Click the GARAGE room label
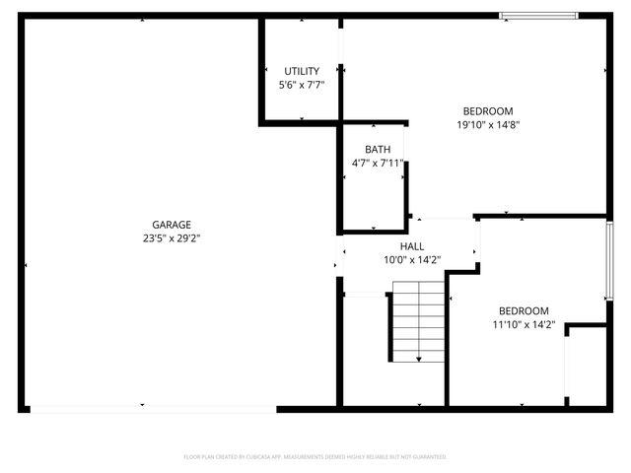[x=172, y=225]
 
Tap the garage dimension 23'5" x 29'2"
[x=172, y=237]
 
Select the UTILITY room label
[x=302, y=71]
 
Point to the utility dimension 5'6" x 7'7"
[x=302, y=85]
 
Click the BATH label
[x=378, y=150]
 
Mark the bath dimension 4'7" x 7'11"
[x=378, y=163]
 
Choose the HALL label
[x=412, y=246]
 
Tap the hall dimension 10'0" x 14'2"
[x=412, y=260]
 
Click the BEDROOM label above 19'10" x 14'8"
[x=488, y=110]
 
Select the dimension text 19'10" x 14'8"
[x=488, y=124]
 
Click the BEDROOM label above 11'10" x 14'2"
[x=524, y=310]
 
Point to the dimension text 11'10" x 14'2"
[x=524, y=324]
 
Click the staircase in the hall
[x=419, y=321]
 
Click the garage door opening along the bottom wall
[x=148, y=407]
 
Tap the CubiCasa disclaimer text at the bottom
[x=315, y=457]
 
